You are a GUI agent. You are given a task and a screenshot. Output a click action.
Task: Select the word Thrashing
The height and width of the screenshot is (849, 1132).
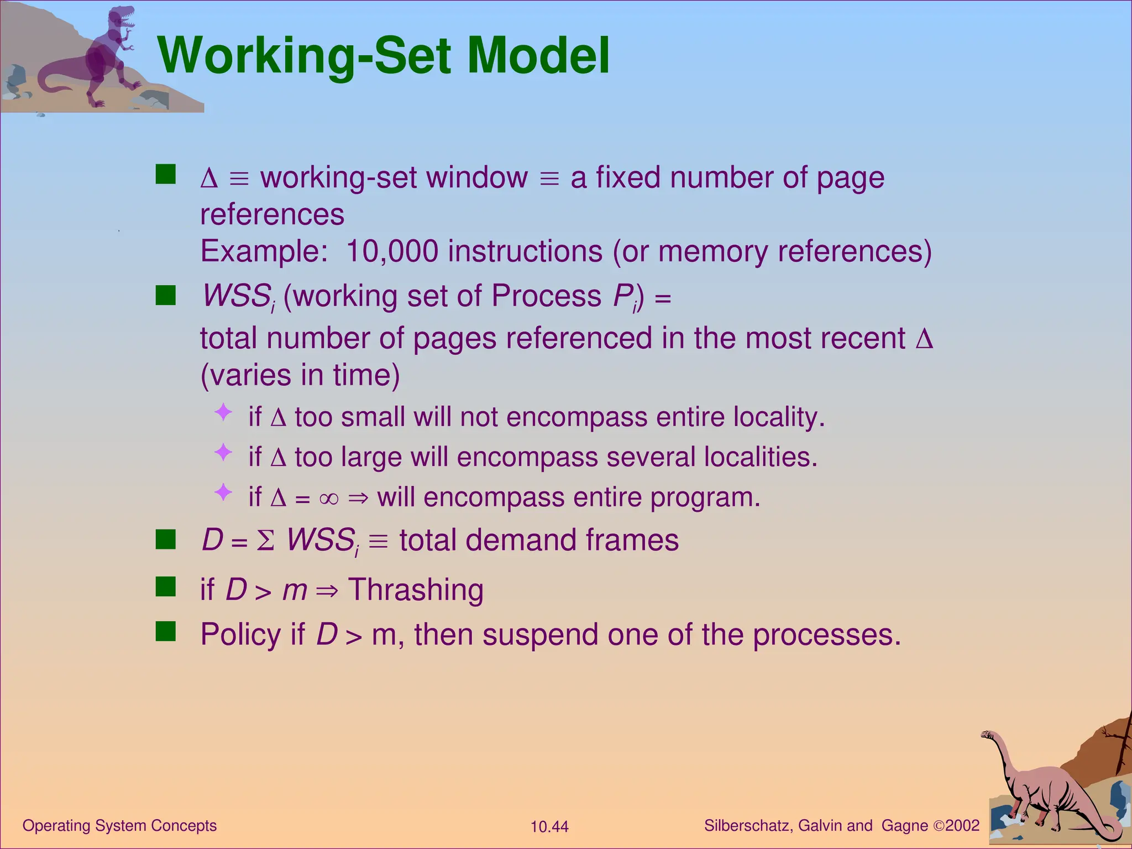click(x=416, y=590)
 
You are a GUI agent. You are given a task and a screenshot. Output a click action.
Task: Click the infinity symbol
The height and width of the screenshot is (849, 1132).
click(x=328, y=499)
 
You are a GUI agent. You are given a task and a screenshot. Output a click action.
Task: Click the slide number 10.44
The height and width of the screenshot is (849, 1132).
click(x=549, y=827)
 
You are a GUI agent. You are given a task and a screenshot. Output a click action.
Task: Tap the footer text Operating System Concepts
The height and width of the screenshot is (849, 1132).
click(x=119, y=826)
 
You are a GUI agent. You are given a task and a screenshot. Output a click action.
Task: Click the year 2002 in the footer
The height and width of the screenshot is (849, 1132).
click(x=962, y=826)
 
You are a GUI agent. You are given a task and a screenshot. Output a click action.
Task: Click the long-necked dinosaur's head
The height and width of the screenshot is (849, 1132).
click(x=988, y=735)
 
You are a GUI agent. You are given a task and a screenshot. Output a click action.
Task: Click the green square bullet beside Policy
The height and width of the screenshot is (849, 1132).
click(x=166, y=631)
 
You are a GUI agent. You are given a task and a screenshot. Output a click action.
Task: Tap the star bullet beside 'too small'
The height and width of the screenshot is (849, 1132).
click(x=223, y=412)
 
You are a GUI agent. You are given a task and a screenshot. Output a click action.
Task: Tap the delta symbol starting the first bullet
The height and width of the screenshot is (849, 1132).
click(x=209, y=179)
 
